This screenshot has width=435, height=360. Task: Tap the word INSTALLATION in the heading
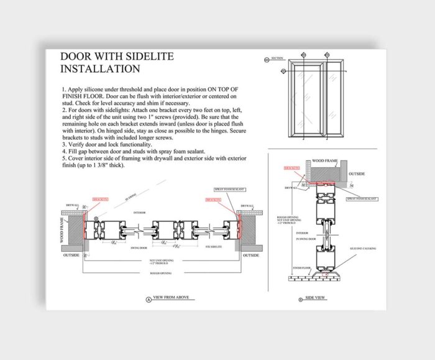coord(100,69)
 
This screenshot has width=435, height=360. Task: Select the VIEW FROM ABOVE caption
coord(175,299)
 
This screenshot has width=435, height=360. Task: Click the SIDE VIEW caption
coord(315,298)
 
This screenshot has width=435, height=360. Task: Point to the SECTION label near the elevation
coord(277,58)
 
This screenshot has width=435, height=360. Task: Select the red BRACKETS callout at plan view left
coord(99,200)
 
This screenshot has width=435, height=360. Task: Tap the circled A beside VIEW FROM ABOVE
coord(148,299)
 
